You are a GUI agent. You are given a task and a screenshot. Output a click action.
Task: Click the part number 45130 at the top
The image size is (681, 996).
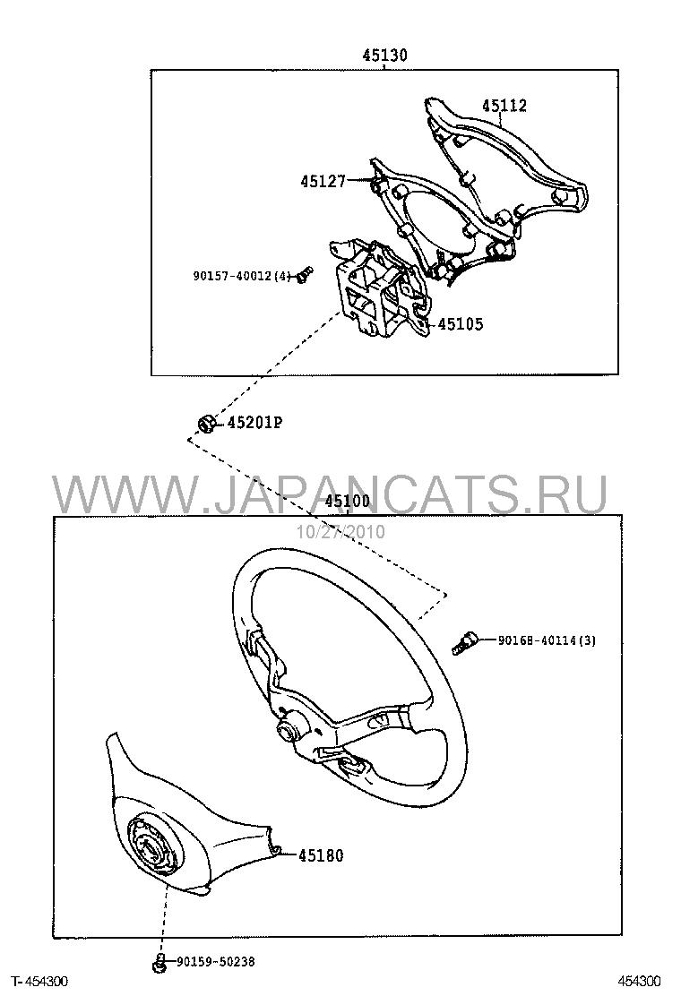[385, 56]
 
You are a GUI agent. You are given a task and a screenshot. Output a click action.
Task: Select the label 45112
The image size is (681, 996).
[504, 106]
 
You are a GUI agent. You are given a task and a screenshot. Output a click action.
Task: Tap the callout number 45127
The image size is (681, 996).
[323, 182]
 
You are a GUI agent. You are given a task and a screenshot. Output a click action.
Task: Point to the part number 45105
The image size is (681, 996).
[461, 324]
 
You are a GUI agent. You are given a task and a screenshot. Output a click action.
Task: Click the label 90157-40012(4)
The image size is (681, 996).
[242, 276]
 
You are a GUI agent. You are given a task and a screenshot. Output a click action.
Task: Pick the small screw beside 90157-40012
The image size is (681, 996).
[305, 275]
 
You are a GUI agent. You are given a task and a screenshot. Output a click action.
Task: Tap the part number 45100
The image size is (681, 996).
[347, 502]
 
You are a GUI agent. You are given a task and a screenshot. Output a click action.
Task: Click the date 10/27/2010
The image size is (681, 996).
[340, 531]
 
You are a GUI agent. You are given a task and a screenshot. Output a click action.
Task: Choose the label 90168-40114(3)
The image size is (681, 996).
[547, 641]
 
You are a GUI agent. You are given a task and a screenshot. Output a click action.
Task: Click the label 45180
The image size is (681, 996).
[321, 856]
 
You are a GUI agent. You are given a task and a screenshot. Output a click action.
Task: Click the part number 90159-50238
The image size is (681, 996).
[216, 962]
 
